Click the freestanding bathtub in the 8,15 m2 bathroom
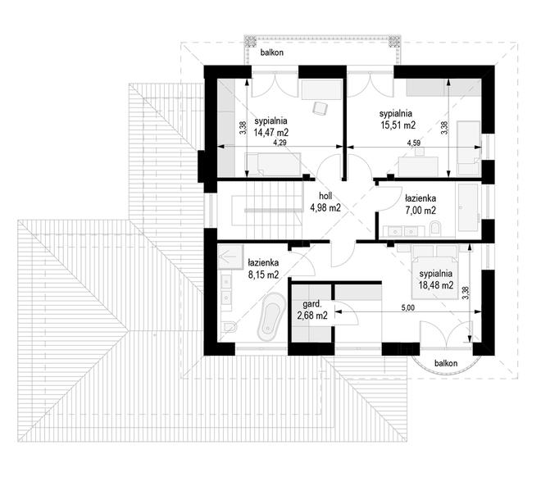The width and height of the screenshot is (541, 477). point(270,316)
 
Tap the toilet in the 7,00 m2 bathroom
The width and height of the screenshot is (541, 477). point(435,229)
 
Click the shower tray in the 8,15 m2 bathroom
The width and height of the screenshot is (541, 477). point(230,257)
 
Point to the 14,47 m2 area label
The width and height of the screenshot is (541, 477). point(271,133)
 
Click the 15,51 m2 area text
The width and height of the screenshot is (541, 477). point(398,125)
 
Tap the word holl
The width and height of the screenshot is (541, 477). point(325,196)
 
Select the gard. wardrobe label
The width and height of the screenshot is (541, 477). point(312,304)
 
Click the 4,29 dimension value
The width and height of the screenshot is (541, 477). point(280,143)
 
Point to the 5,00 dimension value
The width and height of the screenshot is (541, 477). point(408,307)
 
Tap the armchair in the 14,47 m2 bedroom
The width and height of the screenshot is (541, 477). point(320,108)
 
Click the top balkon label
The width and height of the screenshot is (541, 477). point(272,52)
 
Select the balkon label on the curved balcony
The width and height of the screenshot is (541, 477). point(446,363)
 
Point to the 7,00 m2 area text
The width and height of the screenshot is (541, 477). point(421,210)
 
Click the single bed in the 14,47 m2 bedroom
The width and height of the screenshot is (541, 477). point(273,165)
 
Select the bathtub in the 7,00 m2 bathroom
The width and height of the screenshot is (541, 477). point(468,207)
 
